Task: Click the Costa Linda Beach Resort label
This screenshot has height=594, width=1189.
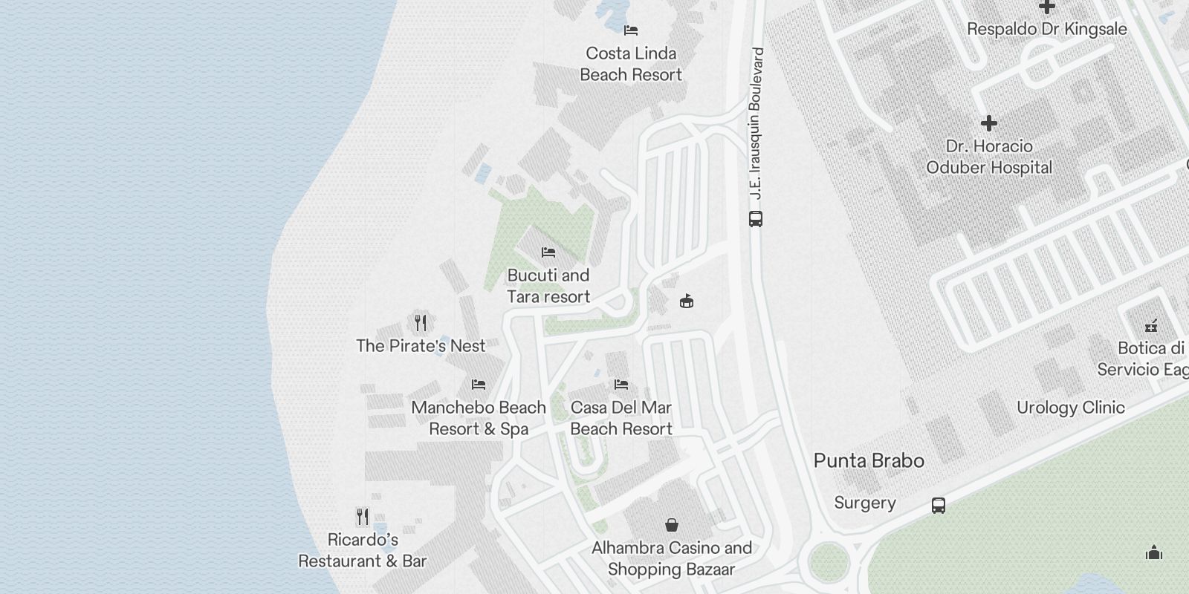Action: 631,64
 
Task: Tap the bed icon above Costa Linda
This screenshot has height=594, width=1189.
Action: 631,30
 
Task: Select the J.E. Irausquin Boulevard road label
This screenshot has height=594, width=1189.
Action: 756,123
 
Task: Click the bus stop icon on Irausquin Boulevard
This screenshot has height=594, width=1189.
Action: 756,219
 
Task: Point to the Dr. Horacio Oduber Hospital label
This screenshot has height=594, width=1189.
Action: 988,157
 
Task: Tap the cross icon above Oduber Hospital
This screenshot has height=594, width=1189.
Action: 988,123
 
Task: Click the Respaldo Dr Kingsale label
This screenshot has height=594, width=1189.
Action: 1046,30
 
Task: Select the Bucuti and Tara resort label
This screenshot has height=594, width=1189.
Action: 548,286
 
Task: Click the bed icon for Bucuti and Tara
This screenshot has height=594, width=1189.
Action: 548,252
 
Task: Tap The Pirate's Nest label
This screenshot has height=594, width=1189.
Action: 421,346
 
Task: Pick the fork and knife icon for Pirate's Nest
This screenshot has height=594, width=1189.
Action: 421,322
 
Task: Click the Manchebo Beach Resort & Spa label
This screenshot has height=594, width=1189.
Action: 479,418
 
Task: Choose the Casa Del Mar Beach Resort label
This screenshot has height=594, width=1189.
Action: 621,418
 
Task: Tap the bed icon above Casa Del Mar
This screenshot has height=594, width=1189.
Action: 621,385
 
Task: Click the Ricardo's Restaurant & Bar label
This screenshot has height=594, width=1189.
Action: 363,550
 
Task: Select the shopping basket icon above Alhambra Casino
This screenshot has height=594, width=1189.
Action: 672,525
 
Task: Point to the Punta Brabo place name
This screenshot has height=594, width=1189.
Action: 869,461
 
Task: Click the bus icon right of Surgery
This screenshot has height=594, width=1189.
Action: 939,506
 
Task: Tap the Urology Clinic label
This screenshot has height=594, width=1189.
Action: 1070,408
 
